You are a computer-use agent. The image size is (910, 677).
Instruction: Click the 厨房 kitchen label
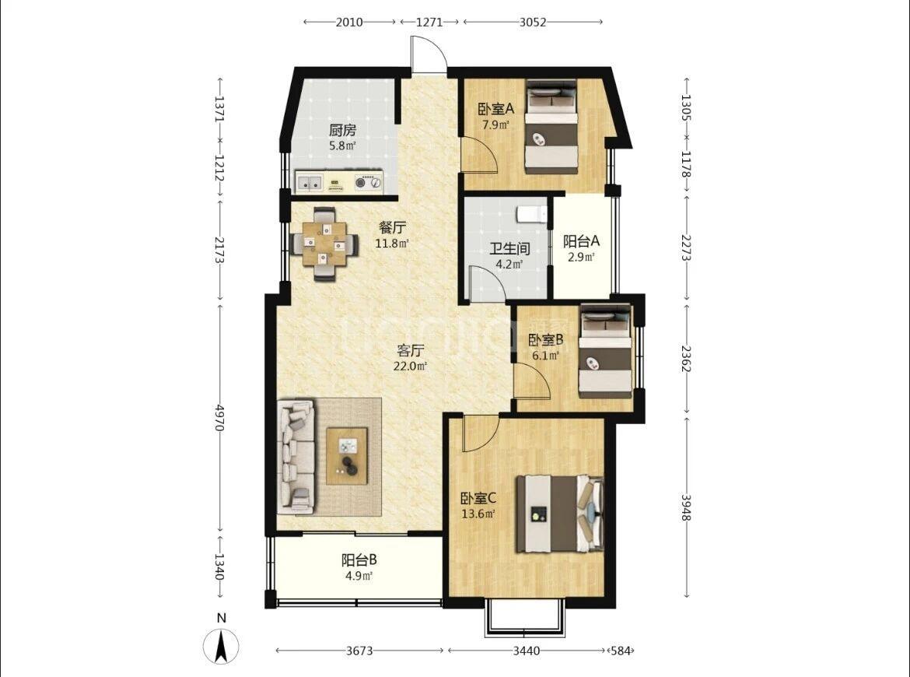pos(342,130)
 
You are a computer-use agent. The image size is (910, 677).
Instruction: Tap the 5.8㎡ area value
pos(342,146)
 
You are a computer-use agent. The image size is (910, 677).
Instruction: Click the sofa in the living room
pos(296,456)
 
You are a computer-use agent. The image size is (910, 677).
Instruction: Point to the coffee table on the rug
pos(347,456)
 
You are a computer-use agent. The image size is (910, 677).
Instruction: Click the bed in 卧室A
pos(551,127)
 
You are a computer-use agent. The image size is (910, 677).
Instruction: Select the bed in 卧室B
pos(605,352)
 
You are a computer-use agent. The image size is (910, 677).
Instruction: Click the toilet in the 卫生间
pos(531,214)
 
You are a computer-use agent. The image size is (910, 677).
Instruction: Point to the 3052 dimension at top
pos(532,22)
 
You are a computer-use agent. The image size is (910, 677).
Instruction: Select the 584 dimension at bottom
pos(621,651)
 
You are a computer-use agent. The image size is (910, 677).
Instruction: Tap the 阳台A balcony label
pos(582,241)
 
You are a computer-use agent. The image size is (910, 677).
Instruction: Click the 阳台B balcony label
pos(359,560)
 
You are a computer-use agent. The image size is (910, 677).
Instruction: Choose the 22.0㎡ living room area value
pos(410,367)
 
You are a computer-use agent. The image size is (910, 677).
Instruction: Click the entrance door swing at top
pos(429,54)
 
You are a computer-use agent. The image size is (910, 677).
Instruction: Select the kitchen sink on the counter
pos(310,182)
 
